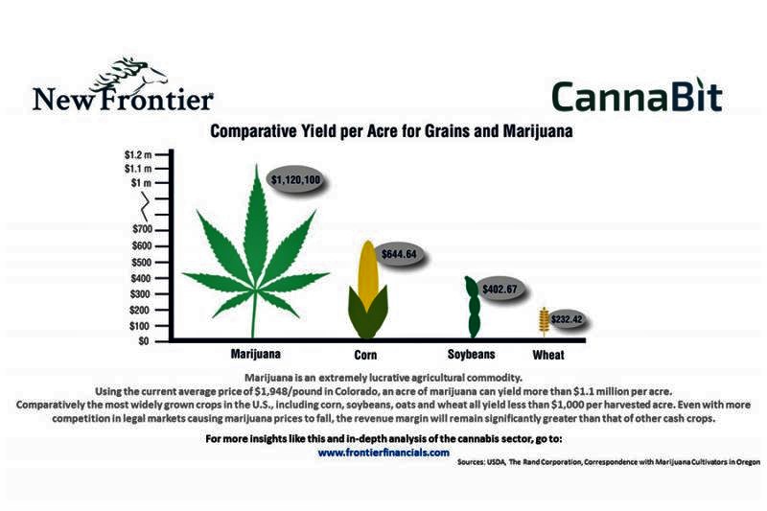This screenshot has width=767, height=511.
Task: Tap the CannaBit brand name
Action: pos(637,96)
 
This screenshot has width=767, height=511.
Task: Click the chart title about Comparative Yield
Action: pos(391,131)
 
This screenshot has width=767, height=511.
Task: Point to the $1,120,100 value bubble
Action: pos(296,179)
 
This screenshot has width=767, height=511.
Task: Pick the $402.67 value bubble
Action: pos(500,289)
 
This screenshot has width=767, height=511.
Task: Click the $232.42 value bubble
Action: pos(567,320)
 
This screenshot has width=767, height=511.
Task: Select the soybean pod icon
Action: pos(473,307)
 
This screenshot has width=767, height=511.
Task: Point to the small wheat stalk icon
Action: pos(544,322)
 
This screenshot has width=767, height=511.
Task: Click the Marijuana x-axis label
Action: pos(256,354)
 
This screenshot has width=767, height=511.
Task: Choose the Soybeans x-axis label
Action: pos(472,354)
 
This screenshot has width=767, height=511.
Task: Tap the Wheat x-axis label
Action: pos(548,355)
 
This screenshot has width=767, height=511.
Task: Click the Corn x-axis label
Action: pos(366,355)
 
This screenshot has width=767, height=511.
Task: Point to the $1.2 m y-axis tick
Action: pos(138,155)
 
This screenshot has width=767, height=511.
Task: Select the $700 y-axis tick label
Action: pos(142,229)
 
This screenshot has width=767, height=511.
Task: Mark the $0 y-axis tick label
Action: pos(143,341)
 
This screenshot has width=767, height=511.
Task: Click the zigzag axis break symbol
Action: pos(145,206)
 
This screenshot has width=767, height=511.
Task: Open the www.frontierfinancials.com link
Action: pos(383,453)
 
